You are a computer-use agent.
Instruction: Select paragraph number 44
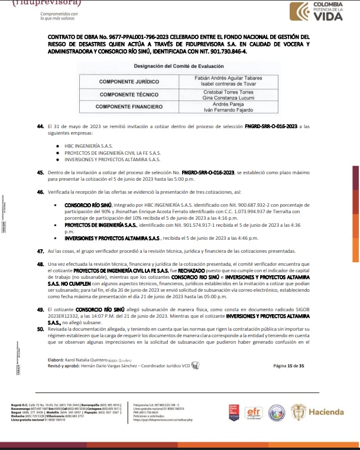coord(40,126)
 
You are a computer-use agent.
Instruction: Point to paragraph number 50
coord(40,329)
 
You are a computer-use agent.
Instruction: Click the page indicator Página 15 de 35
coord(288,366)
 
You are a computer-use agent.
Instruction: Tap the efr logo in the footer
coord(253,412)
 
